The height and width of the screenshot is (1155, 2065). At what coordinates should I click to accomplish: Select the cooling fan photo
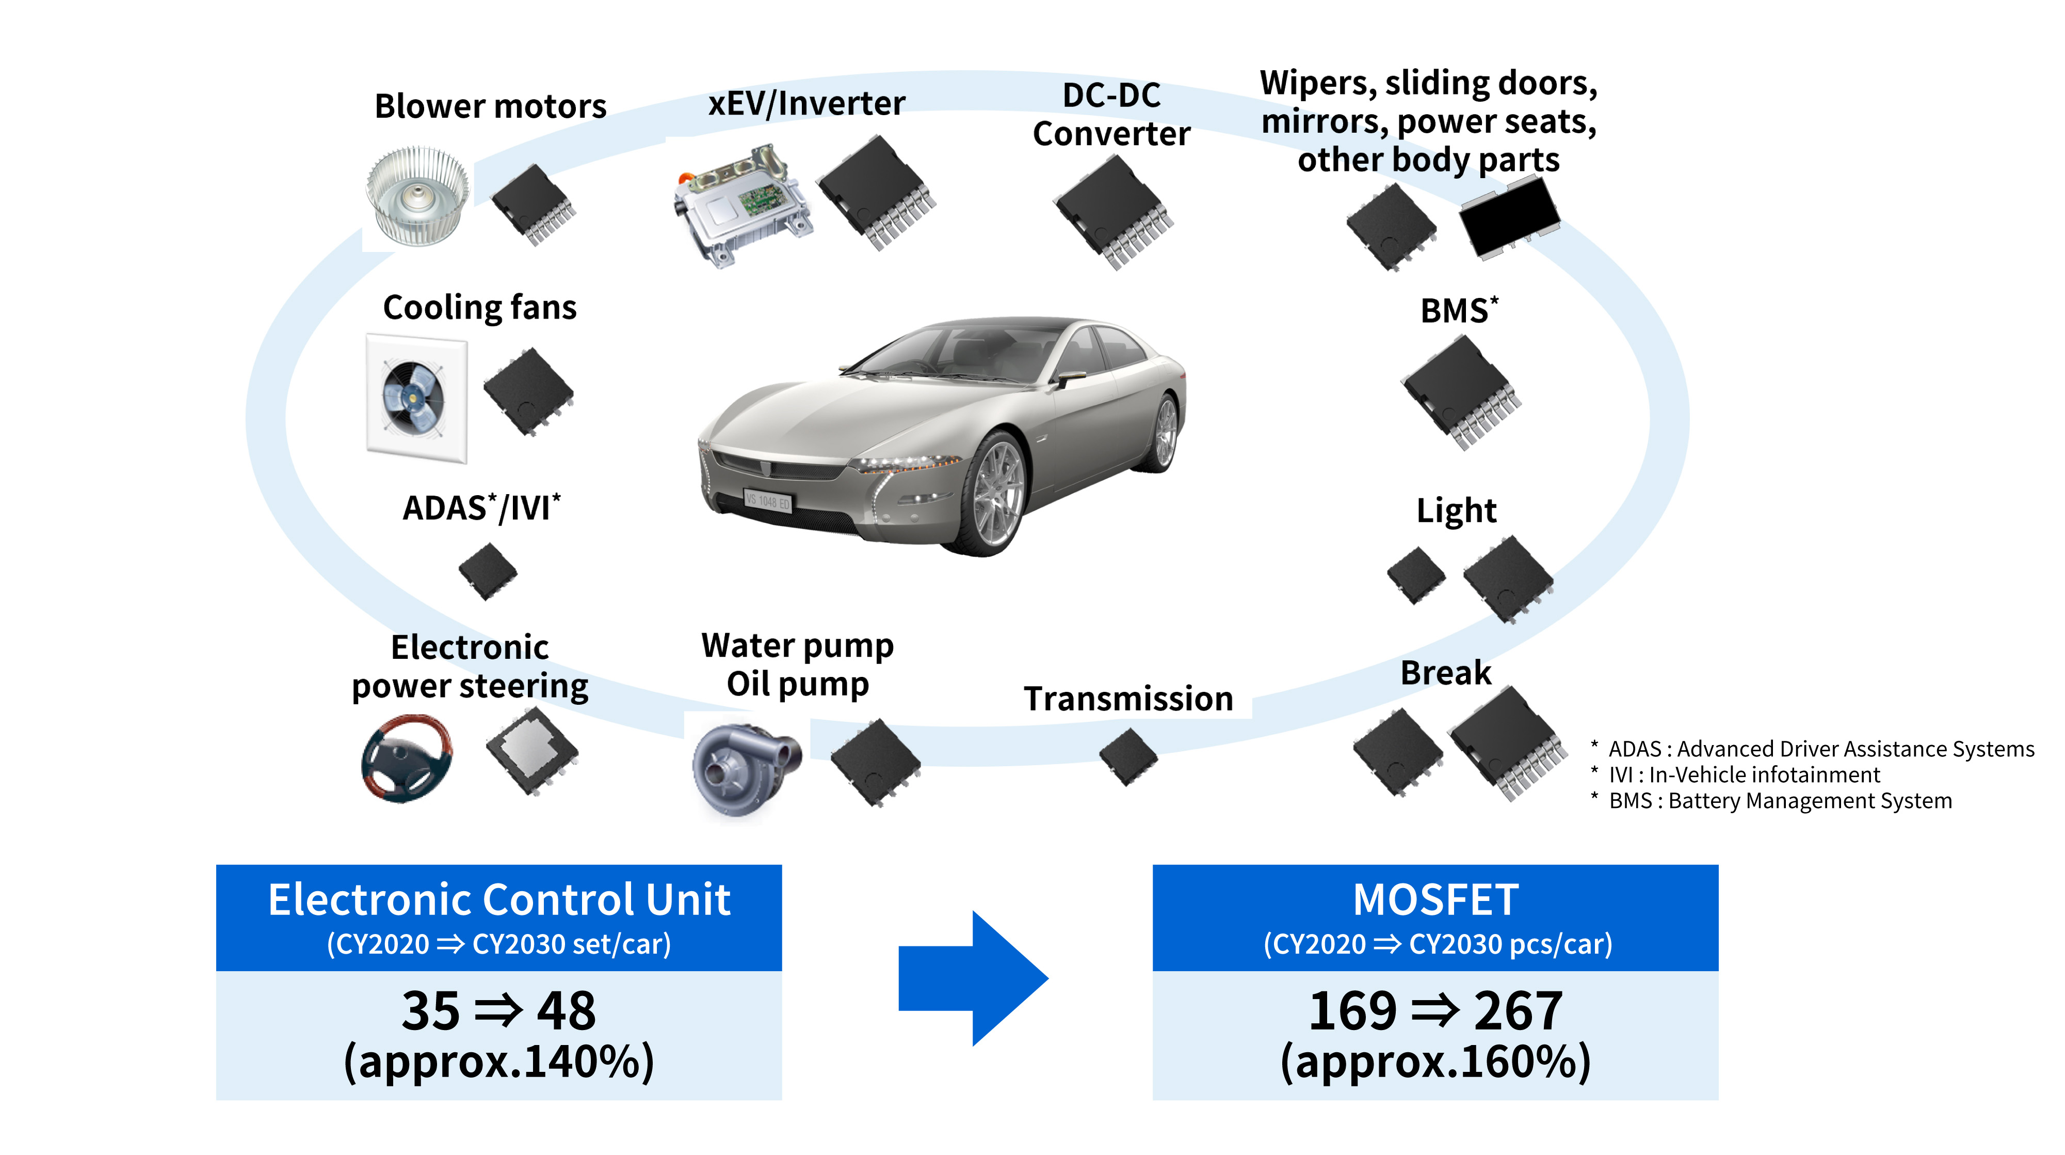click(416, 399)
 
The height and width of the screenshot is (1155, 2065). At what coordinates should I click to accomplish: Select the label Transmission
click(1128, 699)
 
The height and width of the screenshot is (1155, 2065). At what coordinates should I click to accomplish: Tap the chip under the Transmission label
click(1128, 756)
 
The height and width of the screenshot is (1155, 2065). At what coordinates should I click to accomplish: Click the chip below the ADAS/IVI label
click(488, 571)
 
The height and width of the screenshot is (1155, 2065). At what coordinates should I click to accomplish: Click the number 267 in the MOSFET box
click(1518, 1010)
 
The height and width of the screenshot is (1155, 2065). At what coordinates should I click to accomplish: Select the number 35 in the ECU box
click(430, 1010)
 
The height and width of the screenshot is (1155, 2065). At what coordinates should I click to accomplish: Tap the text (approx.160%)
click(1435, 1062)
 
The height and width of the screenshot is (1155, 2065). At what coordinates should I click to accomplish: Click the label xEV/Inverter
click(806, 103)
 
